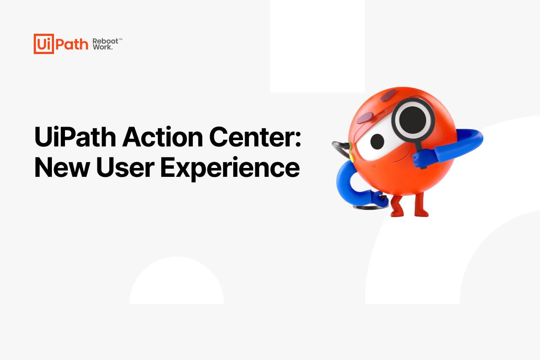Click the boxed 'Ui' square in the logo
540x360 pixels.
coord(44,44)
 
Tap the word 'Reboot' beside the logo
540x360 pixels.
coord(105,41)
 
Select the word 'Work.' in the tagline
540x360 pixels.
coord(103,47)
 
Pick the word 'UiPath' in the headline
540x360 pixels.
coord(75,137)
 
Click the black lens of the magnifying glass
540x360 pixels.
coord(413,118)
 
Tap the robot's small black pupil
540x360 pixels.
coord(377,142)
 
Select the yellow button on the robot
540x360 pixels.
coord(351,157)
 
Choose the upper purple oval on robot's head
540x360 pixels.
coord(388,95)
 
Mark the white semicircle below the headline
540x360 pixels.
coord(177,283)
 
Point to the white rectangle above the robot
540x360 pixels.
coord(317,46)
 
